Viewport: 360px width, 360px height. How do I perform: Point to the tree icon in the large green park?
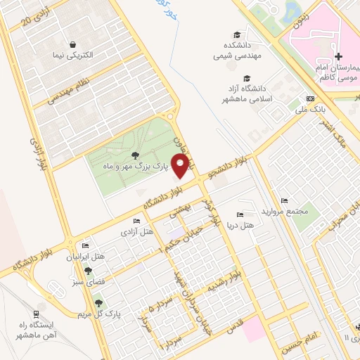(x=135, y=155)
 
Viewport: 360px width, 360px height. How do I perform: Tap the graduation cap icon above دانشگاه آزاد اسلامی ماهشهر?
(x=246, y=78)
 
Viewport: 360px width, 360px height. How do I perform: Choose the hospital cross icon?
(x=338, y=56)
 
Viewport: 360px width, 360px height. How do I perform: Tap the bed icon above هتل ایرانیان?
(x=86, y=245)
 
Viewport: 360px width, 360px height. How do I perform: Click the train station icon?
(x=37, y=314)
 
